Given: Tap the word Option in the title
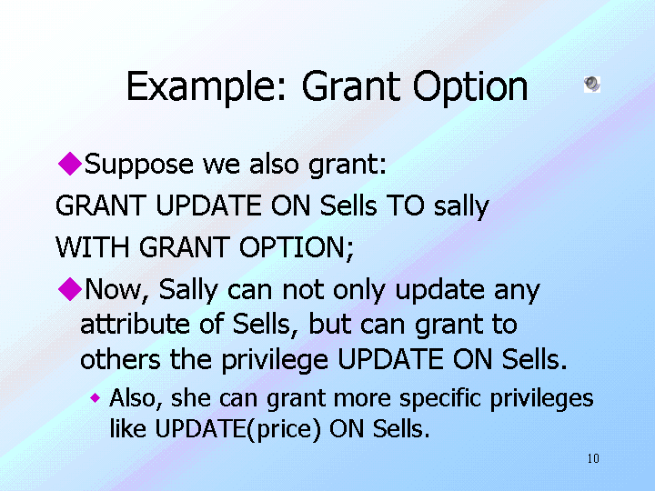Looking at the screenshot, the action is click(470, 87).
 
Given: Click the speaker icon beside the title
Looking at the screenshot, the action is click(592, 85).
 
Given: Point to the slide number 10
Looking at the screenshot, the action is click(593, 458).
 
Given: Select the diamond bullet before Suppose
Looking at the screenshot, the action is click(70, 164).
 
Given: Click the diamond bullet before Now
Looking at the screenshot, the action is click(70, 288).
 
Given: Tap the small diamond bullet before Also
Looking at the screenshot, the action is click(96, 398).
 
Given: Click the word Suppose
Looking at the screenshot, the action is click(138, 165).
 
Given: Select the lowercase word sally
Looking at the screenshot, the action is click(461, 206).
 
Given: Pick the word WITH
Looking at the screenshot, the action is click(92, 247).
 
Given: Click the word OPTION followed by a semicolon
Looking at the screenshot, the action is click(297, 247).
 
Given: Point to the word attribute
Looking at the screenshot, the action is click(135, 324).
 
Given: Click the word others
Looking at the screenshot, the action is click(120, 359).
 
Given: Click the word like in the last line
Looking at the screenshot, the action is click(128, 428).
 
